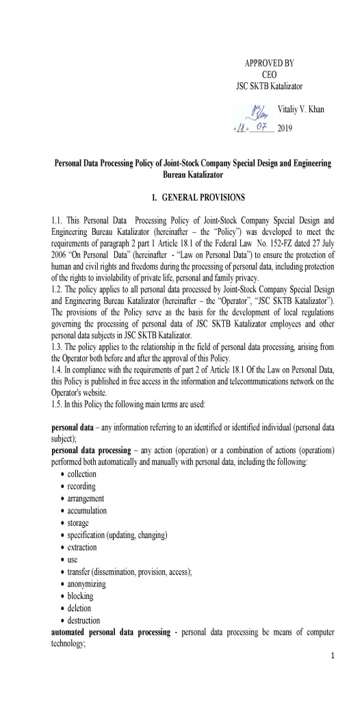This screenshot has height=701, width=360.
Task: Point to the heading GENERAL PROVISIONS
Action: [x=198, y=198]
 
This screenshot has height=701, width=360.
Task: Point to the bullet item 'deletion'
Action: [x=79, y=608]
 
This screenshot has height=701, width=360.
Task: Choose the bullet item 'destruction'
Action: [x=83, y=620]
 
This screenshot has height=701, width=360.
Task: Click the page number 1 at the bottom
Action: [x=331, y=657]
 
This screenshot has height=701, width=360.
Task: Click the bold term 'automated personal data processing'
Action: [x=110, y=633]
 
